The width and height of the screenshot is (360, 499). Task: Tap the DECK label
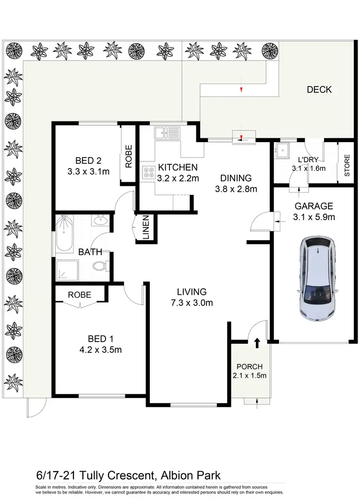click(319, 89)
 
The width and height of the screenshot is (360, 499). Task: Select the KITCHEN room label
click(177, 168)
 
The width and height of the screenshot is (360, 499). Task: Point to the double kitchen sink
click(167, 132)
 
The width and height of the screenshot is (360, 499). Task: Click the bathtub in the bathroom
click(64, 234)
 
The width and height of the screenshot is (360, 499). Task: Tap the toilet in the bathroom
click(99, 265)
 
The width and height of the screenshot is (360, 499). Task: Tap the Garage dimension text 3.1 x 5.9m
click(314, 217)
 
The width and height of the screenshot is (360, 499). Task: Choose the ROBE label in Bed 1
click(80, 295)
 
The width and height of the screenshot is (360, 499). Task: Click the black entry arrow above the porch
click(257, 342)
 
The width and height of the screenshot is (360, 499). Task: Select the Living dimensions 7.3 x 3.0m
click(192, 303)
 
